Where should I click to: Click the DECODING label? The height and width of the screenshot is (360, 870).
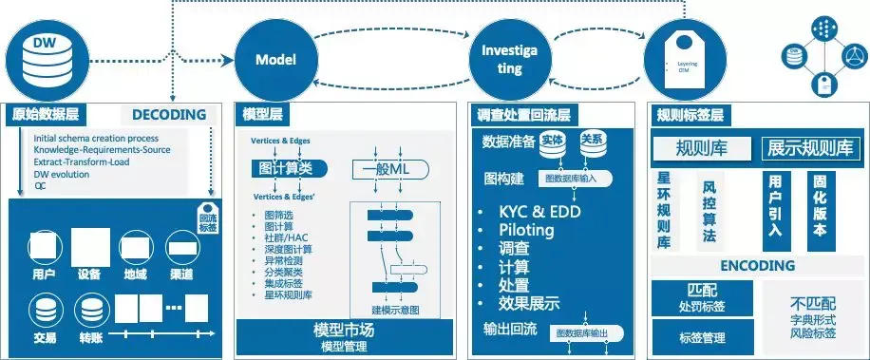169,115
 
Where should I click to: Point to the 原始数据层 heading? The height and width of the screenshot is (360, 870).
46,115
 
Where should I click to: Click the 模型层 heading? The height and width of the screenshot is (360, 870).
263,115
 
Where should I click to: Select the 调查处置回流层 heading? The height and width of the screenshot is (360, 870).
525,115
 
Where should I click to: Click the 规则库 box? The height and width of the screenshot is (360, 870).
702,149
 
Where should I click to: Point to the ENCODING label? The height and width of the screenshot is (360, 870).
756,265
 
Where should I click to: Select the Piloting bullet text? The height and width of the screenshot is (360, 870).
531,230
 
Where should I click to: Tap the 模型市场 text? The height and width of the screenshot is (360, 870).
343,331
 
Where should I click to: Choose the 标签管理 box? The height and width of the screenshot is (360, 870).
703,337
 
